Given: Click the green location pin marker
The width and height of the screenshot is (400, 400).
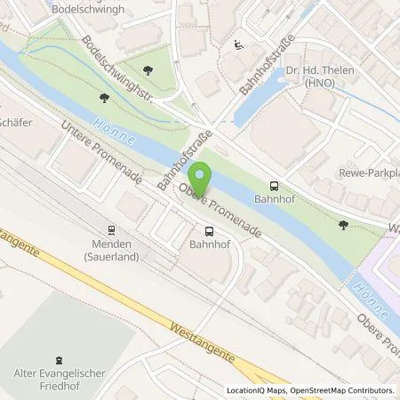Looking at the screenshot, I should (x=203, y=178).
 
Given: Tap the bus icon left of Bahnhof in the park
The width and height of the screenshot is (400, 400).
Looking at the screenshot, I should (x=273, y=187).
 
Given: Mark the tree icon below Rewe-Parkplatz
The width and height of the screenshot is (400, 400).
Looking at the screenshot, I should (x=345, y=225).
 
